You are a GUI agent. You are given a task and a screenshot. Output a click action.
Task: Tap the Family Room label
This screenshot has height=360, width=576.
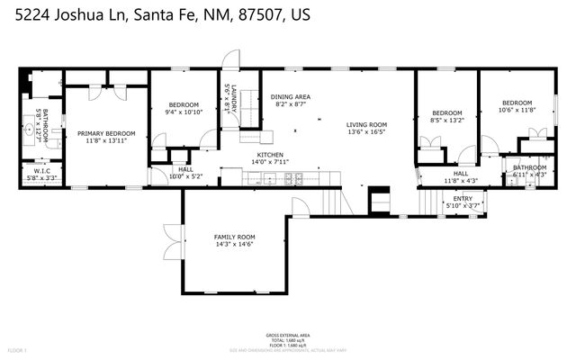tap(234, 237)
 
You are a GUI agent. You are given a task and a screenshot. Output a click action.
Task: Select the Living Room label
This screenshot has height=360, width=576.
tap(366, 124)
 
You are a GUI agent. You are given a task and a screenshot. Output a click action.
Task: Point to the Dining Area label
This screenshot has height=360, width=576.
tap(291, 97)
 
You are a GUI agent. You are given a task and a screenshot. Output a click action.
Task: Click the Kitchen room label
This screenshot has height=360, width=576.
tap(270, 155)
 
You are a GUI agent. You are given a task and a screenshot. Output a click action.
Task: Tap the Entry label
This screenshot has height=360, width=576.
tap(463, 199)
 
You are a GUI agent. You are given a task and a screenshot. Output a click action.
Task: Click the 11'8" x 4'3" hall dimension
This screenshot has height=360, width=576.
tap(461, 181)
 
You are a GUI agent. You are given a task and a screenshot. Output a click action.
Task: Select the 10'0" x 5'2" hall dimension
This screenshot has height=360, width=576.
tap(186, 176)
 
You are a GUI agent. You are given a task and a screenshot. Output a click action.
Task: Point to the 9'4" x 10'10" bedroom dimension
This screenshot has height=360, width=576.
tap(184, 113)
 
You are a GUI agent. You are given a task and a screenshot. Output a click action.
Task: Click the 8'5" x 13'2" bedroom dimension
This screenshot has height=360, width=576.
tap(447, 120)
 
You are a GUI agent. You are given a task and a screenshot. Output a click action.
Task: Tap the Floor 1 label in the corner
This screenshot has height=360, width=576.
tap(17, 349)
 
